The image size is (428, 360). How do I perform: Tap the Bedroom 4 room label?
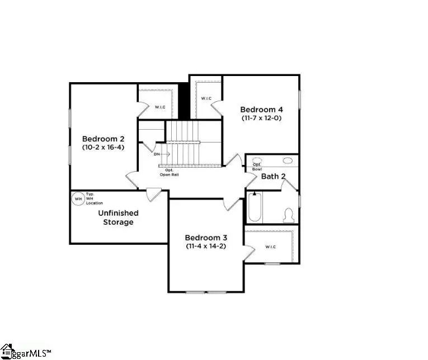(x=261, y=110)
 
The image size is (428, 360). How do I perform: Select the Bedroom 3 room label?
(x=205, y=237)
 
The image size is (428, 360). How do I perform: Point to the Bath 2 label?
(x=274, y=177)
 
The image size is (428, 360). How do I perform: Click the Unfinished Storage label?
(x=118, y=217)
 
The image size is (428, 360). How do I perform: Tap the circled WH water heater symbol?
(x=78, y=198)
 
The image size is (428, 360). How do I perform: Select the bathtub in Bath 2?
(x=254, y=208)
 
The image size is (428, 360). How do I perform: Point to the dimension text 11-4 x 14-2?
(x=206, y=246)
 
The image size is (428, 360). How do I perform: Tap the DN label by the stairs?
(x=157, y=154)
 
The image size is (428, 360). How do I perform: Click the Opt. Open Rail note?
(x=168, y=172)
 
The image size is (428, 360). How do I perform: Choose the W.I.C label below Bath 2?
(x=270, y=247)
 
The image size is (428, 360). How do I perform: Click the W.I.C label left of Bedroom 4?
(x=206, y=99)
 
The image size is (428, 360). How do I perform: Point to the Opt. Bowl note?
(x=257, y=167)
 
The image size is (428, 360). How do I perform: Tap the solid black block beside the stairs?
(x=182, y=101)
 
